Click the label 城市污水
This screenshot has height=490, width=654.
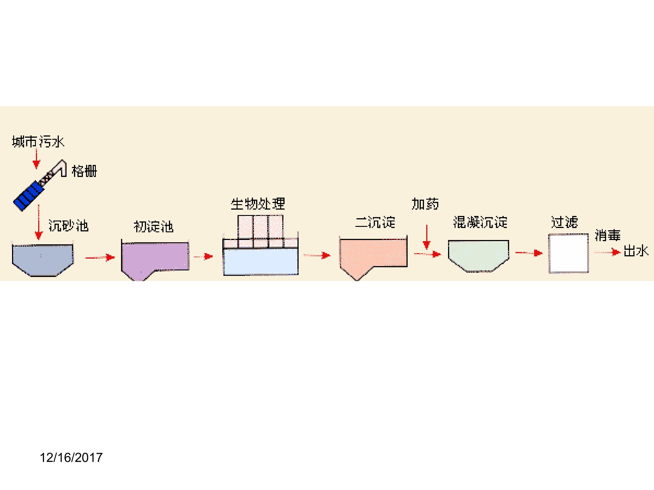point(38,142)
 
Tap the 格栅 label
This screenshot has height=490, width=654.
point(84,171)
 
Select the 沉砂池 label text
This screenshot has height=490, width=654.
point(68,226)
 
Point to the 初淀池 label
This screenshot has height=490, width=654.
point(154,227)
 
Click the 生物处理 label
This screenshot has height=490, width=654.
point(258,204)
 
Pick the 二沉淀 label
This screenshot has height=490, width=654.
point(375,222)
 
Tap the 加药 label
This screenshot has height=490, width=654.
point(425,204)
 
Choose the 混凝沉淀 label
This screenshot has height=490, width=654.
point(480,222)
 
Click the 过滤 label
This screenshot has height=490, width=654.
point(564,222)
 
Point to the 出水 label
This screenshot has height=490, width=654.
point(636,251)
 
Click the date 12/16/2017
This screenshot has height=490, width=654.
point(71,458)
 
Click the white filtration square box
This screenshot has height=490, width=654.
point(568,253)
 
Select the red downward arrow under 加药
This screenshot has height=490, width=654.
point(426,237)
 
